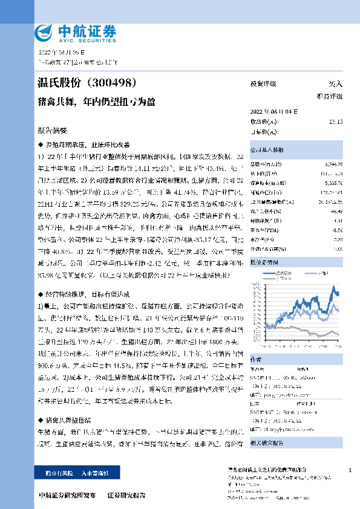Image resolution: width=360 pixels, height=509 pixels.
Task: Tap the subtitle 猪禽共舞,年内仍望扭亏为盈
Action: pyautogui.click(x=96, y=102)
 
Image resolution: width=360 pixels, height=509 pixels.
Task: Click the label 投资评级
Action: pyautogui.click(x=263, y=84)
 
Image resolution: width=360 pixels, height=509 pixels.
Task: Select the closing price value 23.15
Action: pyautogui.click(x=336, y=122)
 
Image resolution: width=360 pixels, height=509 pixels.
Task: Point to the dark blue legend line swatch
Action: pyautogui.click(x=283, y=274)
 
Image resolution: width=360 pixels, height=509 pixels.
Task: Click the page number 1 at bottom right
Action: pyautogui.click(x=350, y=470)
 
